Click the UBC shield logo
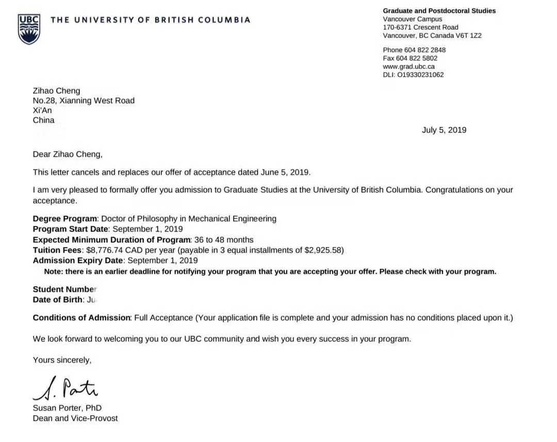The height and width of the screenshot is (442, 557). click(29, 29)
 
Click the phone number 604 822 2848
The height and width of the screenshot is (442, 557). click(425, 50)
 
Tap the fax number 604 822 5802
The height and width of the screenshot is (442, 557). click(420, 58)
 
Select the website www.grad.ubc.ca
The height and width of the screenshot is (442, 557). click(408, 67)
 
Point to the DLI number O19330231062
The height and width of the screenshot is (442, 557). click(420, 75)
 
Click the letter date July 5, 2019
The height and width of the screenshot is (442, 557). click(444, 130)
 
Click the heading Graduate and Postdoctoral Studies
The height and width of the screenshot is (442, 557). click(439, 11)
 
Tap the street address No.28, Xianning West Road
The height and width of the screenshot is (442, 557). click(84, 101)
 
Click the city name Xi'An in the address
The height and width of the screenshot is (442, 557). click(42, 110)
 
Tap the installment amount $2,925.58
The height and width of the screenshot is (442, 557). click(321, 250)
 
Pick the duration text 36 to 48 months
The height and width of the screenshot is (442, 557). click(223, 240)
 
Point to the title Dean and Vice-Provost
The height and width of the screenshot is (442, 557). click(75, 418)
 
